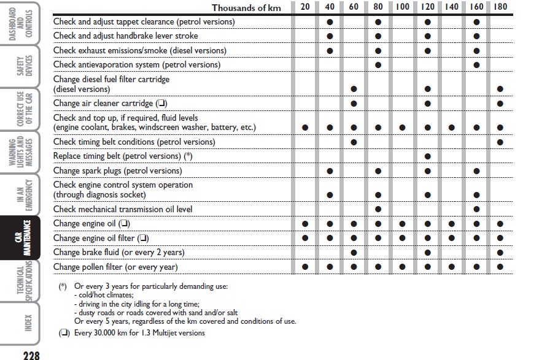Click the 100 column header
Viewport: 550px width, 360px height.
403,7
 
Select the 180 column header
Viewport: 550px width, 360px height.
501,7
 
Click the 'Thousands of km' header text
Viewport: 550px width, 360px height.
247,7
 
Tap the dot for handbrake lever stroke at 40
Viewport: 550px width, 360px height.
330,36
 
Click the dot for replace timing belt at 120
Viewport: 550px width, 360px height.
427,156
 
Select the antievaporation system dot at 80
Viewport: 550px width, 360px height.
378,65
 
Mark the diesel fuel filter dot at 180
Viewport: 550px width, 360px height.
501,90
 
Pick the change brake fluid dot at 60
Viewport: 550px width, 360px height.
354,253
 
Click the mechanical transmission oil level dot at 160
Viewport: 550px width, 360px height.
476,210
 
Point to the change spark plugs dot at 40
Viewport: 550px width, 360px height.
330,171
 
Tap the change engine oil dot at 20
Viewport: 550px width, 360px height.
305,224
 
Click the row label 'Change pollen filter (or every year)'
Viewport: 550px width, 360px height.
115,267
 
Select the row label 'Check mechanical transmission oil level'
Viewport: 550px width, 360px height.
123,209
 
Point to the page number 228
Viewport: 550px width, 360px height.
31,354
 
